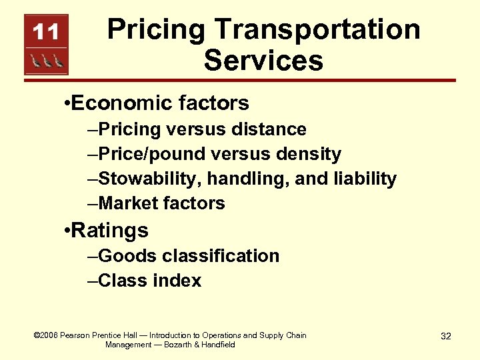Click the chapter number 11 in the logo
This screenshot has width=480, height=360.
click(46, 32)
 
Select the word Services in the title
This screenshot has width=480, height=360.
click(263, 60)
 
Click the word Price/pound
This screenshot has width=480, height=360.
click(151, 154)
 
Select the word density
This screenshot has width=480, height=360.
click(309, 154)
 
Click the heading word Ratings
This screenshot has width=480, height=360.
click(109, 231)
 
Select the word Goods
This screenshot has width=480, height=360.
click(125, 256)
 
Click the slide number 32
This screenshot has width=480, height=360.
click(446, 336)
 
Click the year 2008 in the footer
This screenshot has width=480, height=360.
click(50, 335)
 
